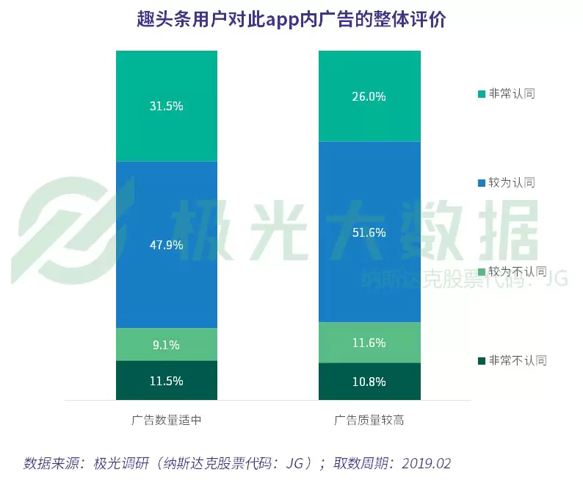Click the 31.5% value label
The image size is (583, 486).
point(166,106)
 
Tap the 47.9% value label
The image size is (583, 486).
point(166,245)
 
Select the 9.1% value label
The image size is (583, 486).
point(166,345)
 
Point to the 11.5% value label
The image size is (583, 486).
point(166,381)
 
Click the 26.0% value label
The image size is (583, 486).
point(369,96)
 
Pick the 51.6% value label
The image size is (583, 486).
point(369,232)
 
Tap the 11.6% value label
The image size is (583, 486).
point(369,343)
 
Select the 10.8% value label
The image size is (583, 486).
point(369,382)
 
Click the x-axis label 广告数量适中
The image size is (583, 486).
point(166,421)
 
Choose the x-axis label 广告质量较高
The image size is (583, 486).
point(369,421)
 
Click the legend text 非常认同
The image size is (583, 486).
point(512,93)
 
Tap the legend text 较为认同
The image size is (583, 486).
point(512,182)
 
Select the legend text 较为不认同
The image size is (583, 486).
point(518,271)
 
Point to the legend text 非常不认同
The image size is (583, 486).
point(518,360)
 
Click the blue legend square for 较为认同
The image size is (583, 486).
point(482,182)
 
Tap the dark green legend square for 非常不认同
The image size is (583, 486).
point(482,360)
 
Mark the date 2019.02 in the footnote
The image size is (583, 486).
point(421,463)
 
